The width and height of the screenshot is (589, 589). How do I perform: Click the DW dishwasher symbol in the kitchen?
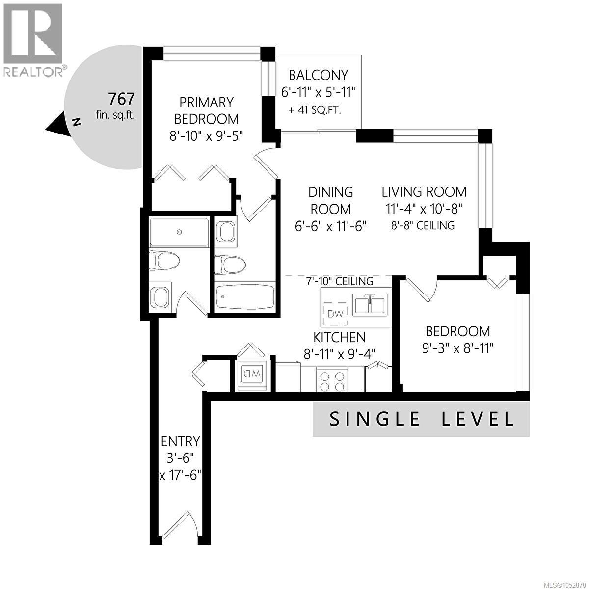(335, 313)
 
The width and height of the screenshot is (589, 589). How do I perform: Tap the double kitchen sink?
(370, 305)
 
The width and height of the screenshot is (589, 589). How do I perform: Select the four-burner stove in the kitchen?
(332, 380)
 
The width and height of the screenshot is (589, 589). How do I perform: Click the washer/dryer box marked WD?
(252, 374)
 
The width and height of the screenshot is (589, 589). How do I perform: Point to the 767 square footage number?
(121, 99)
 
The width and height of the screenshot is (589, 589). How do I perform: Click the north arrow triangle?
(58, 124)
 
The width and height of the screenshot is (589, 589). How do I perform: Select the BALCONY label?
(318, 75)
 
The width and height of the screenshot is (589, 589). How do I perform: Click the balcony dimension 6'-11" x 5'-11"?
(318, 92)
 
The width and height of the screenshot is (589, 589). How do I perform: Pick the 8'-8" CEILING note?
(423, 225)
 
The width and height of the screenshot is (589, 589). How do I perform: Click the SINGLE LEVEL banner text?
(421, 419)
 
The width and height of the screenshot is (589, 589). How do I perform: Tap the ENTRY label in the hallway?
(180, 441)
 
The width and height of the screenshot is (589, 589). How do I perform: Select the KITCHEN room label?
(340, 337)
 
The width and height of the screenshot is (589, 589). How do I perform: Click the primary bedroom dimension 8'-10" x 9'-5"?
(206, 135)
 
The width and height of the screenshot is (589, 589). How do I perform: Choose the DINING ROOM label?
(331, 201)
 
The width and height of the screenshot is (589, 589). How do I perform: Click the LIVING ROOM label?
(424, 192)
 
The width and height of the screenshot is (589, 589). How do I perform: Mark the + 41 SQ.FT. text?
(315, 110)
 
